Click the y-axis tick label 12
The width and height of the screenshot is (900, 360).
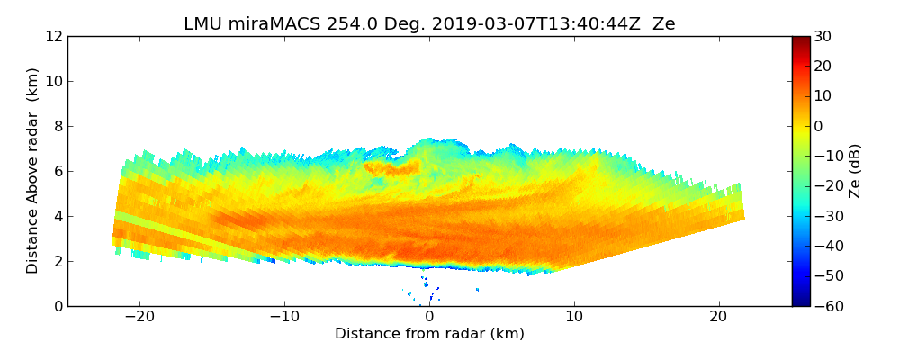(53, 36)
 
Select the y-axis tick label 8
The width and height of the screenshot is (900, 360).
(57, 126)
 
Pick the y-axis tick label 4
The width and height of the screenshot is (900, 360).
(57, 216)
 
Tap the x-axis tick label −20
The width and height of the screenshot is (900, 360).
(139, 317)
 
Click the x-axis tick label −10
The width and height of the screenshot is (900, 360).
(284, 317)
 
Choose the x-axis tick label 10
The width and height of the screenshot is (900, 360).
(574, 317)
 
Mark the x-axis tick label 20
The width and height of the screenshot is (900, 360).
(718, 317)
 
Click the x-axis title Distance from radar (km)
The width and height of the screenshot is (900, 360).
(429, 334)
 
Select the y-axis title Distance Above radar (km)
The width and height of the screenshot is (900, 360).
(33, 171)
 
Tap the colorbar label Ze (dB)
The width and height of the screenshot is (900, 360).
(855, 171)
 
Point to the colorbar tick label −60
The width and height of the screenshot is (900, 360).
(827, 306)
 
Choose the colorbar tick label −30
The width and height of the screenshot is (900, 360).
(827, 216)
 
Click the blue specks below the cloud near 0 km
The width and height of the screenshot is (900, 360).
(432, 293)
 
